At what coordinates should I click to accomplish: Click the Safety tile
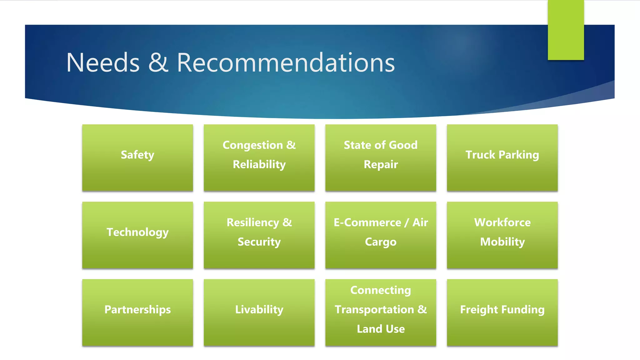pos(137,158)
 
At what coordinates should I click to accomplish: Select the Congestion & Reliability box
pos(259,158)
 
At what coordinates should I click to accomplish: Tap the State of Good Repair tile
pos(381,158)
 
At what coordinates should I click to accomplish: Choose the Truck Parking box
pos(502,158)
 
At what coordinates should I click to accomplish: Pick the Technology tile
pos(137,235)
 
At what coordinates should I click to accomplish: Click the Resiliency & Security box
pos(259,235)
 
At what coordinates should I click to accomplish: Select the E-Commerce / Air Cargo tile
pos(381,235)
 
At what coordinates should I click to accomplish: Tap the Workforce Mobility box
pos(502,235)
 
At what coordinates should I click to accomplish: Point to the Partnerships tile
pos(137,312)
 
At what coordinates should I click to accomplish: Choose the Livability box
pos(259,312)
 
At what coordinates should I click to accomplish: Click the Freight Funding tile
pos(502,312)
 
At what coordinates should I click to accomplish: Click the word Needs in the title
pos(103,63)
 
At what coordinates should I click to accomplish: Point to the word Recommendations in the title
pos(286,63)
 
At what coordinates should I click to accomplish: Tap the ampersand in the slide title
pos(158,63)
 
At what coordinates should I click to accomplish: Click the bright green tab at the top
pos(566,30)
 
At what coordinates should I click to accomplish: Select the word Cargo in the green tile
pos(381,242)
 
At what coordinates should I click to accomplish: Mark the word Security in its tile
pos(259,242)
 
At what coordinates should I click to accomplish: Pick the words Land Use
pos(381,329)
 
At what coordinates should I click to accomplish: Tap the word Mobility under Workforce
pos(502,242)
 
